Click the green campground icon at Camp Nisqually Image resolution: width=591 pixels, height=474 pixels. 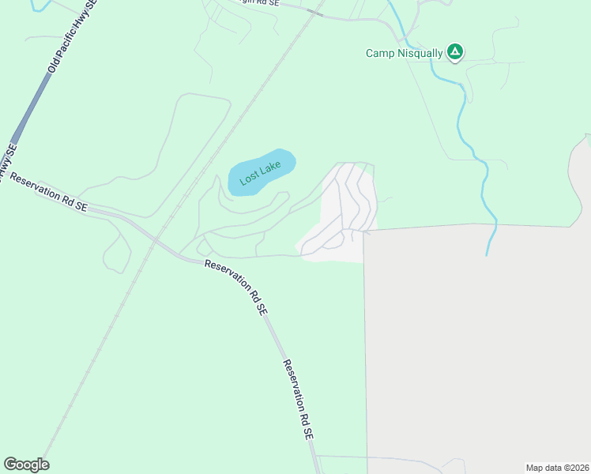pyautogui.click(x=455, y=53)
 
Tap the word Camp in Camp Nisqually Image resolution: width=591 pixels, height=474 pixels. pyautogui.click(x=379, y=54)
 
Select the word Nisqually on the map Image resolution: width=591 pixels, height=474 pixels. pyautogui.click(x=419, y=54)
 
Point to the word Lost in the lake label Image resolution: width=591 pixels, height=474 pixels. pyautogui.click(x=250, y=178)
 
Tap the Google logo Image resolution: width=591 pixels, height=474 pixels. pyautogui.click(x=26, y=465)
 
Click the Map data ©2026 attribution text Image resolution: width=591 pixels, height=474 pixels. pyautogui.click(x=556, y=467)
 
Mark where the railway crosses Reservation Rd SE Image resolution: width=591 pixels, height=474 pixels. pyautogui.click(x=156, y=238)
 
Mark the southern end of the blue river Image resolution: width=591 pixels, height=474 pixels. pyautogui.click(x=487, y=254)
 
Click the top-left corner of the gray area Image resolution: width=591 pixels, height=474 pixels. pyautogui.click(x=364, y=231)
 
